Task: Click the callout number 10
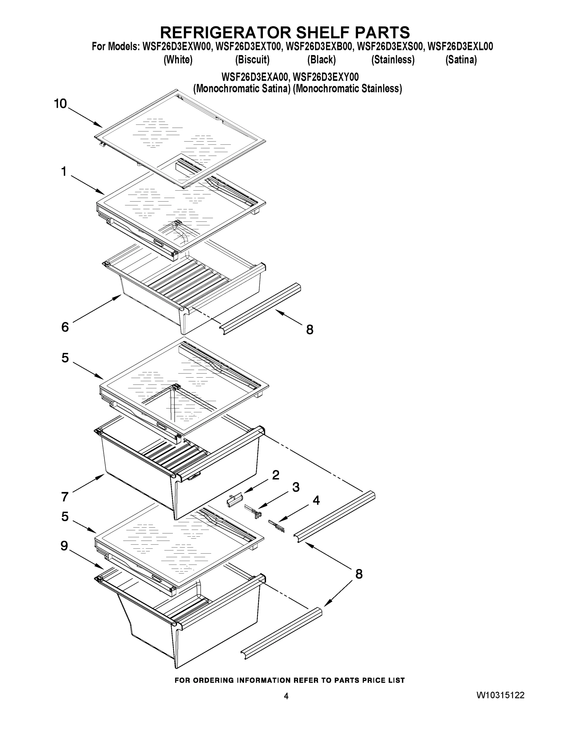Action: click(61, 103)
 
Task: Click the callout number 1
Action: click(64, 172)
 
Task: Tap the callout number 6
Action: click(65, 327)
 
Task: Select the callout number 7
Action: click(65, 497)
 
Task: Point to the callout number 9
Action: click(64, 546)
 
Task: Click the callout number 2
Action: click(276, 475)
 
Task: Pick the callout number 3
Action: click(296, 487)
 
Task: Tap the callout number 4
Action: click(316, 500)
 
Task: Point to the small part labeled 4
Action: click(276, 526)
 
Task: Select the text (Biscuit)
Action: click(252, 60)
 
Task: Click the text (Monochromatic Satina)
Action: click(242, 89)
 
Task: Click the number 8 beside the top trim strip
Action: click(310, 329)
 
